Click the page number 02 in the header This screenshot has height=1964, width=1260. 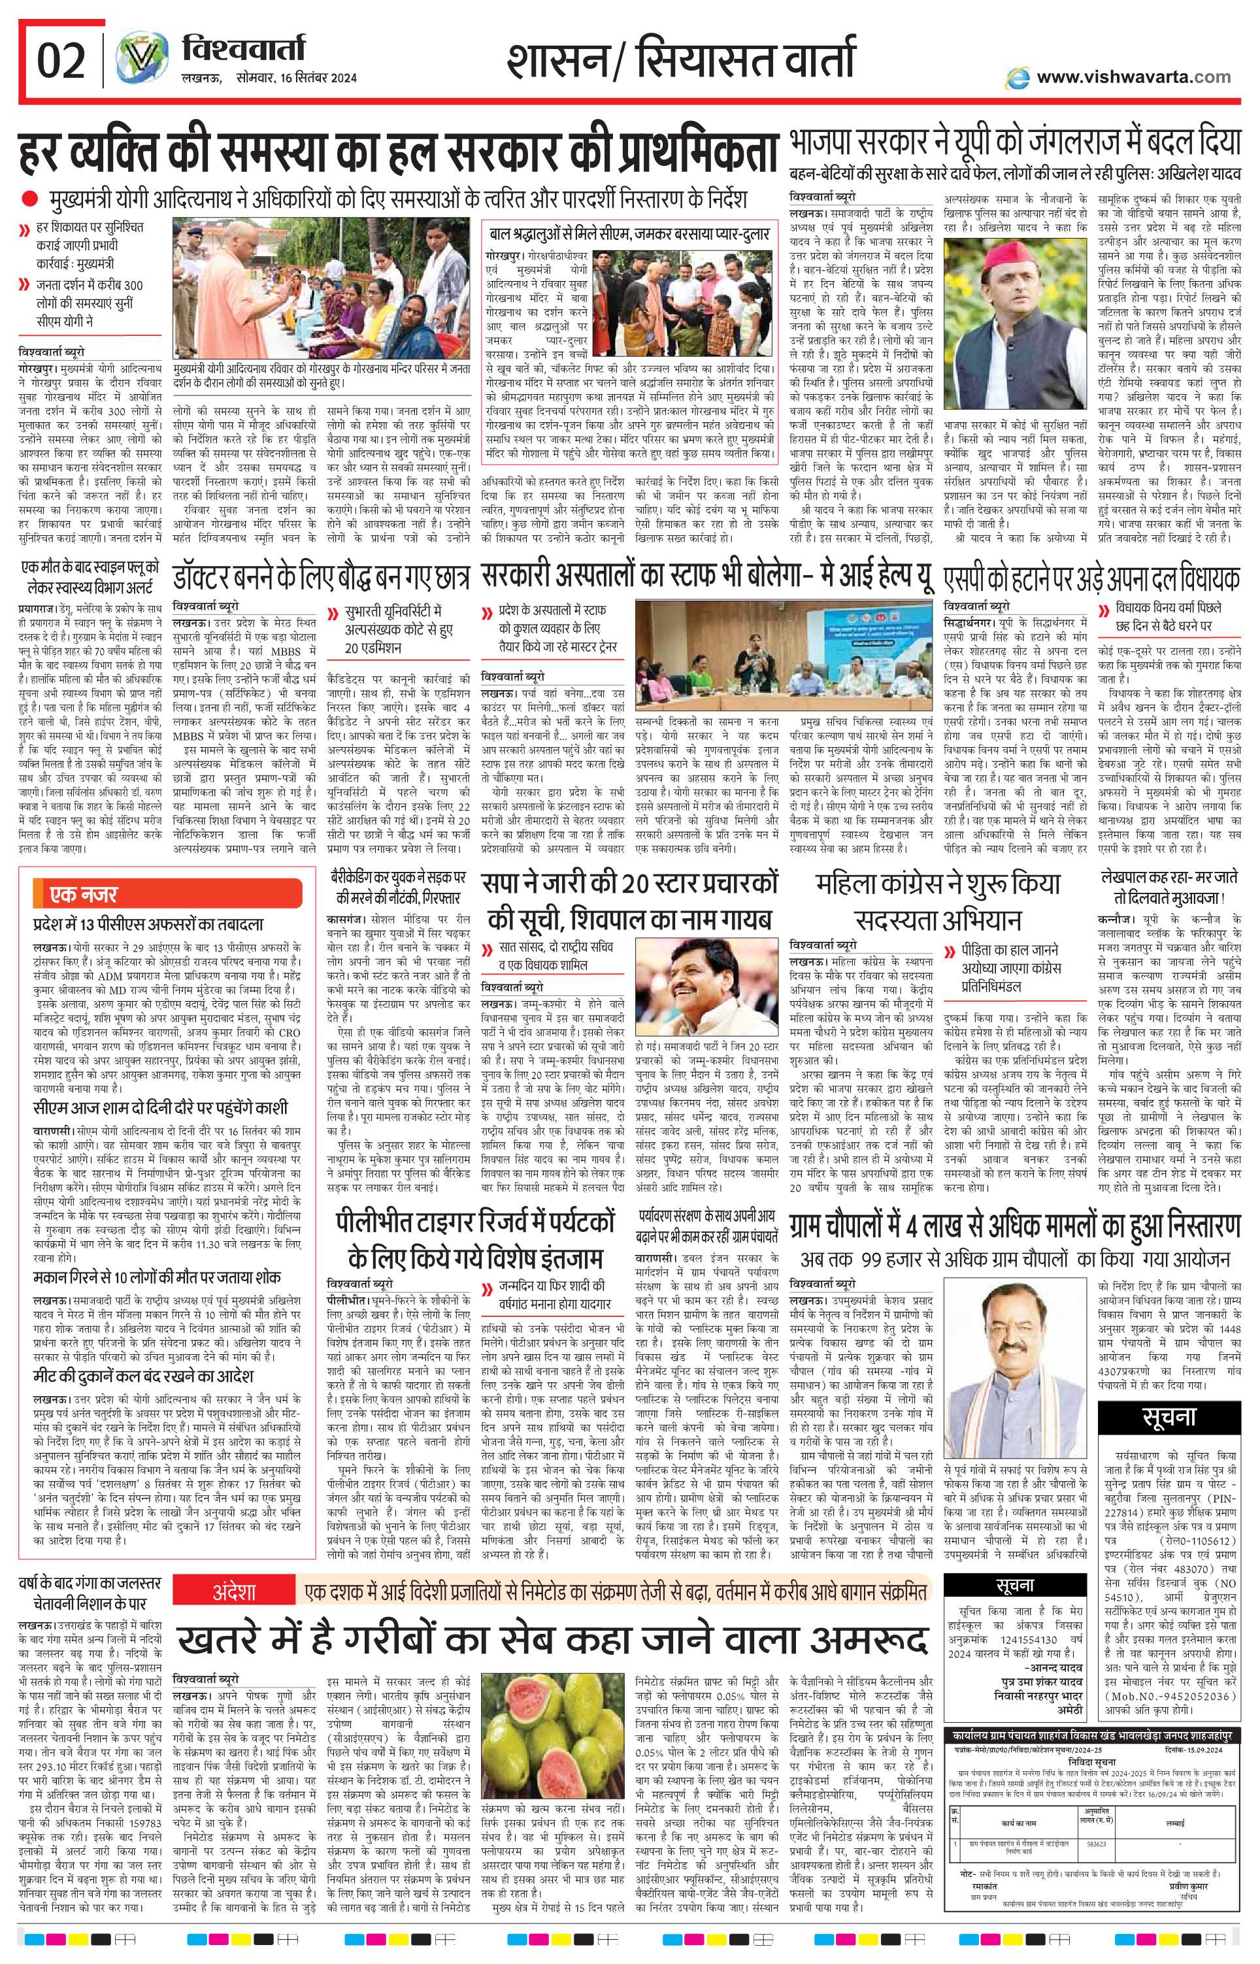pyautogui.click(x=62, y=61)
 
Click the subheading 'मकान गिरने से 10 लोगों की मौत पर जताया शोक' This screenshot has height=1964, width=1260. pyautogui.click(x=156, y=1277)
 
